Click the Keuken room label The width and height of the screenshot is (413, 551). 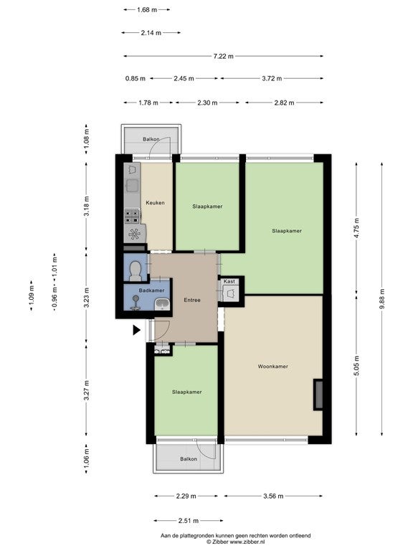pos(155,203)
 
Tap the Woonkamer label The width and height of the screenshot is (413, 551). pos(273,366)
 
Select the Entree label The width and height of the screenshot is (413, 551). pos(192,300)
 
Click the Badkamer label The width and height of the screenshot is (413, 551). pos(151,291)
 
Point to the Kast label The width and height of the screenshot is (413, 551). pos(229,281)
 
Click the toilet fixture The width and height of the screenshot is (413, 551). pos(136,271)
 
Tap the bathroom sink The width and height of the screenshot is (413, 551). pos(162,304)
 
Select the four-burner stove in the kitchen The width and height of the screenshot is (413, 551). pos(132,216)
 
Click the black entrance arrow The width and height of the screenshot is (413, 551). pos(137,330)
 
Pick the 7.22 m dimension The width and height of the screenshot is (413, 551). pos(224,56)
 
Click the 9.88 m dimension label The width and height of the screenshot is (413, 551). pos(382,298)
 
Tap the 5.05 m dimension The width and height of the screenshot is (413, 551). pos(357,366)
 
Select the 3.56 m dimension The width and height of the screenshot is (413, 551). pos(273,496)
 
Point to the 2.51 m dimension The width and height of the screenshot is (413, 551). pos(189,521)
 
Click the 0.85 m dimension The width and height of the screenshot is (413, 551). pos(136,78)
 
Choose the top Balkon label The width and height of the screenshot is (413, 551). pos(151,139)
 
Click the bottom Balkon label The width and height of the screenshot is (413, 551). pos(189,459)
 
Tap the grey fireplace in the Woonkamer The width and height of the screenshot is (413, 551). pos(318,395)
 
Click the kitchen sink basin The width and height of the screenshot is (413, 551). pos(132,186)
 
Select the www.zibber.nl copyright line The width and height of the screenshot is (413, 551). pos(235,542)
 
